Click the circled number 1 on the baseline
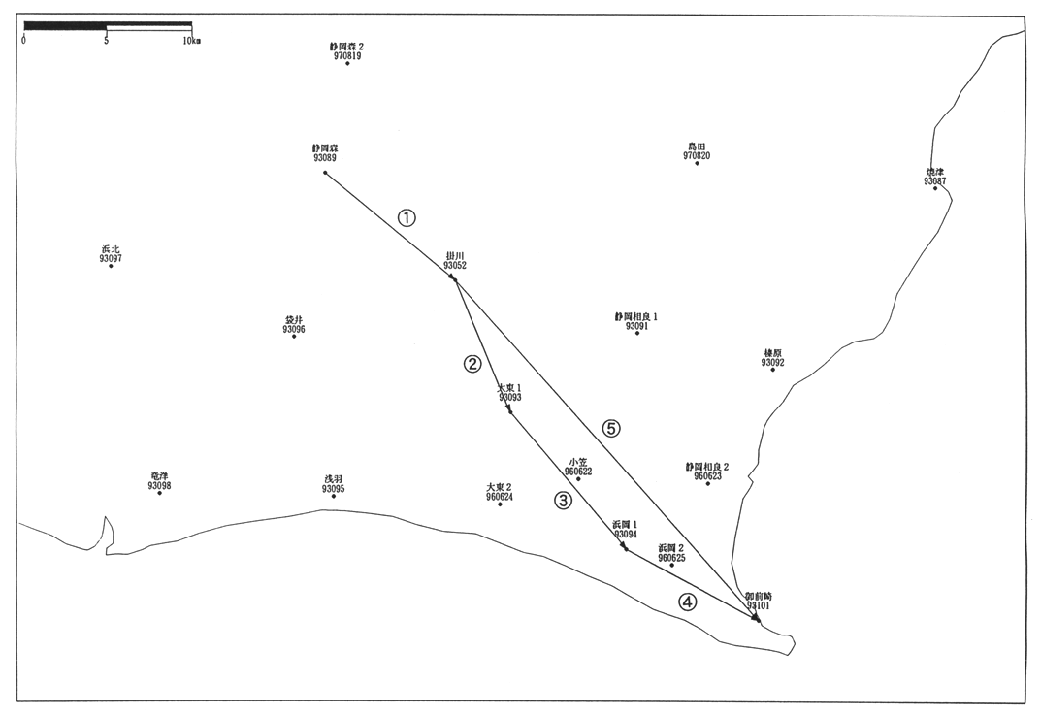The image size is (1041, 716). click(x=407, y=217)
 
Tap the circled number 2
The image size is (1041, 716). click(x=472, y=364)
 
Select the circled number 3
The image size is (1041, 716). click(x=563, y=501)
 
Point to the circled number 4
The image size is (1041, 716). click(x=687, y=602)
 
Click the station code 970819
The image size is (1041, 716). click(x=346, y=56)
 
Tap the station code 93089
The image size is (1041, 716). click(x=325, y=158)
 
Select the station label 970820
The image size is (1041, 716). click(x=697, y=155)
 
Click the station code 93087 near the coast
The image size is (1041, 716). click(x=935, y=181)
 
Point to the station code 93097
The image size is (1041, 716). click(x=111, y=259)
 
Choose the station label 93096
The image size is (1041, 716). click(x=294, y=330)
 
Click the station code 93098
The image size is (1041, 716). click(x=160, y=486)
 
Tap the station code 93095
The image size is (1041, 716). click(x=334, y=489)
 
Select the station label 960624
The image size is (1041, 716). click(x=500, y=497)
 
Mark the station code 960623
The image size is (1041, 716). click(x=707, y=476)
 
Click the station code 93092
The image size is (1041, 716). click(x=773, y=363)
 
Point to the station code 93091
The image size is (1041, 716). click(x=636, y=327)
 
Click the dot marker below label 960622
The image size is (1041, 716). click(x=578, y=479)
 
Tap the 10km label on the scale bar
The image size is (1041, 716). click(x=191, y=41)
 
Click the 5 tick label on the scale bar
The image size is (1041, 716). click(x=106, y=41)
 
